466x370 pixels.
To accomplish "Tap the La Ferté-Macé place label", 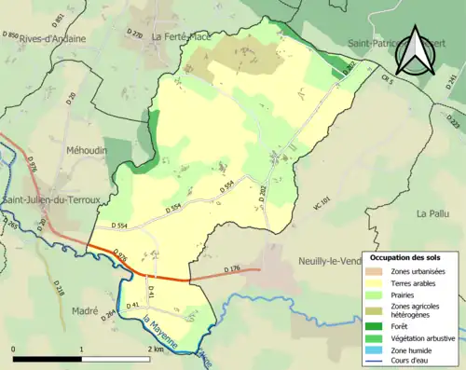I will tap(183, 37).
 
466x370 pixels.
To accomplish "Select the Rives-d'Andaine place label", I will tap(54, 39).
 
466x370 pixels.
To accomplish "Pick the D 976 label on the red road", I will tap(118, 258).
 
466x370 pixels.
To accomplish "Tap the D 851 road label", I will tap(58, 18).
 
